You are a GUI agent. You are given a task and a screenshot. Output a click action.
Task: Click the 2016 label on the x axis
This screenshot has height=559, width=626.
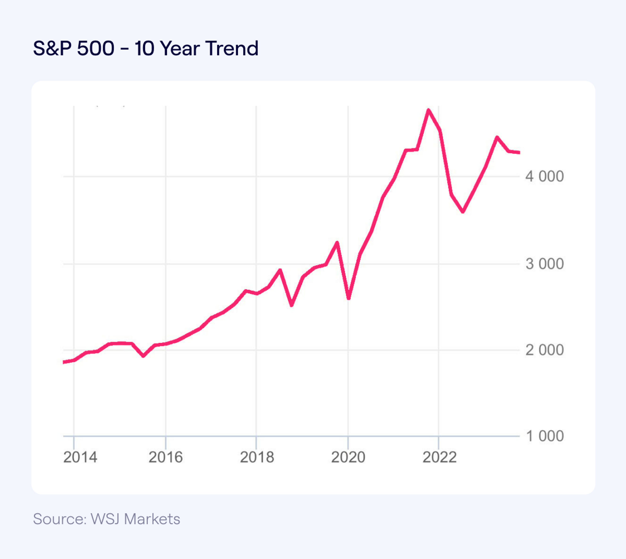point(165,457)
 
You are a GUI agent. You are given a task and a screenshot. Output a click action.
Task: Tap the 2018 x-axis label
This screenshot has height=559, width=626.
point(257,457)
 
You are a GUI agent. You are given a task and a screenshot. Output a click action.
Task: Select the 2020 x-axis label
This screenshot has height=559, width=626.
point(348,457)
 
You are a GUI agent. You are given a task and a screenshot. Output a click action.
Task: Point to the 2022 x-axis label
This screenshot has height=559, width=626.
point(439,457)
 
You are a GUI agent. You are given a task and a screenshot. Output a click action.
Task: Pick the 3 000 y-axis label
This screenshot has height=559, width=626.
point(544,264)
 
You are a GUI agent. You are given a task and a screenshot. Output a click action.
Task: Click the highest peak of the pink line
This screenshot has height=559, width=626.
point(428,110)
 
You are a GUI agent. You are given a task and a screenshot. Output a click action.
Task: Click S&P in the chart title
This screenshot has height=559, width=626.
point(52,49)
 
